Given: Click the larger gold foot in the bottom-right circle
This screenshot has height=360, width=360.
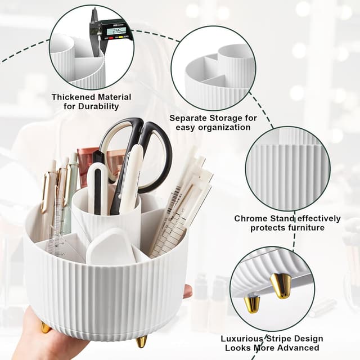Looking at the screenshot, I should [x=281, y=286].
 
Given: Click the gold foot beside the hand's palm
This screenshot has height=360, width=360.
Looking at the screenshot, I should [x=46, y=327].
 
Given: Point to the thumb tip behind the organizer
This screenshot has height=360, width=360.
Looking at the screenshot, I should [x=187, y=291].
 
